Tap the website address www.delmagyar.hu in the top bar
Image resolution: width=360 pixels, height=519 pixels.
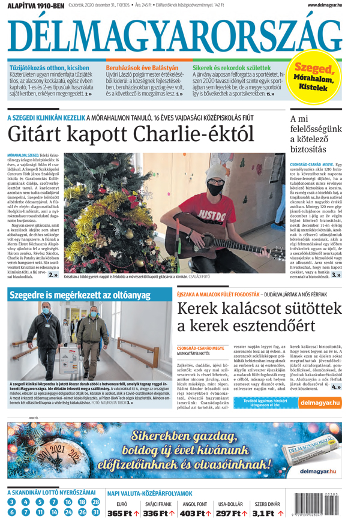pos(324,5)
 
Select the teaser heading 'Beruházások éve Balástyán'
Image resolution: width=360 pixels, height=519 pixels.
pos(142,68)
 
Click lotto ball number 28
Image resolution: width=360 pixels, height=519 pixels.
pos(95,502)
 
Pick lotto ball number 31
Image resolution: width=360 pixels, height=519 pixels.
pos(95,512)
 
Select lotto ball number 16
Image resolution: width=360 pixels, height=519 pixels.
pos(67,502)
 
